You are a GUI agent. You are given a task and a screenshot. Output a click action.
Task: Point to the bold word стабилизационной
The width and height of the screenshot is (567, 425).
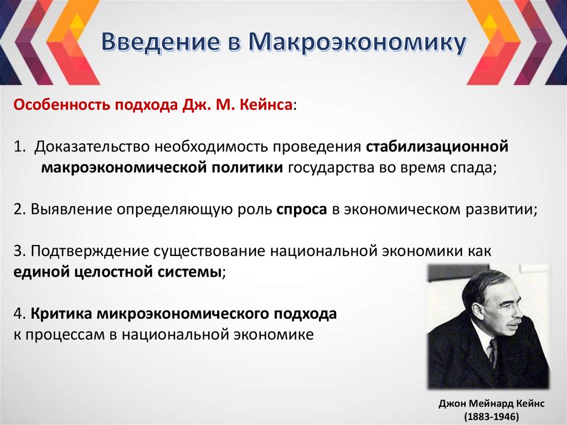click(x=437, y=147)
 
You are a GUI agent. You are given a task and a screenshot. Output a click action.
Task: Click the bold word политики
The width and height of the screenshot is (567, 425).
click(x=248, y=167)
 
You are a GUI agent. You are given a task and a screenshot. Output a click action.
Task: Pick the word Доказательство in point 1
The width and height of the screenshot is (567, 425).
click(x=92, y=147)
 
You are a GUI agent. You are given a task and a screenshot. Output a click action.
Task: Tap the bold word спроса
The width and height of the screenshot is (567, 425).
click(x=302, y=209)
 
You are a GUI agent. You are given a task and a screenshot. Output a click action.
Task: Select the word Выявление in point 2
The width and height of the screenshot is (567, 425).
click(x=71, y=209)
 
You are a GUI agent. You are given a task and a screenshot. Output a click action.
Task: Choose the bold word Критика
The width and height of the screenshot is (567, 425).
click(x=61, y=314)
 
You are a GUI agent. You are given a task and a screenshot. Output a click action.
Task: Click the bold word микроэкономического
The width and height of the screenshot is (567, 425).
click(x=182, y=314)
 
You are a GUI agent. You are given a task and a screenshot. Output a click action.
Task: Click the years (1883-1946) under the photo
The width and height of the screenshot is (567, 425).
click(x=491, y=416)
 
